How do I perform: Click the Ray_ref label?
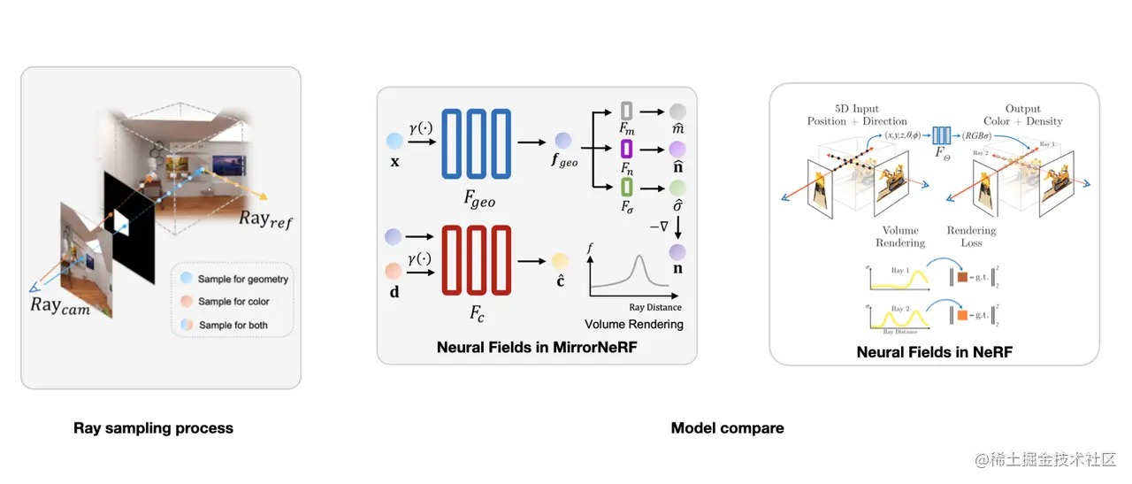264,219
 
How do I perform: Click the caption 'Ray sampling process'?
153,428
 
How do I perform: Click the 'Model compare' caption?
727,428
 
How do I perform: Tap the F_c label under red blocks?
477,312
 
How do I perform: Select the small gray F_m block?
626,111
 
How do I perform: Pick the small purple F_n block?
626,149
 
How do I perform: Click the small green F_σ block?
626,187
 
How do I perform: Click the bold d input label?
394,288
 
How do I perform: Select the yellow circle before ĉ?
560,261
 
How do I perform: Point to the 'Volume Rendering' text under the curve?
633,324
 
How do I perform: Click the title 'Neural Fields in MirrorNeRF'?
537,348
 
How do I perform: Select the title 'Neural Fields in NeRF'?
934,352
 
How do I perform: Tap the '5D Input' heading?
856,109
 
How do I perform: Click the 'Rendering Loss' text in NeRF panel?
971,236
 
